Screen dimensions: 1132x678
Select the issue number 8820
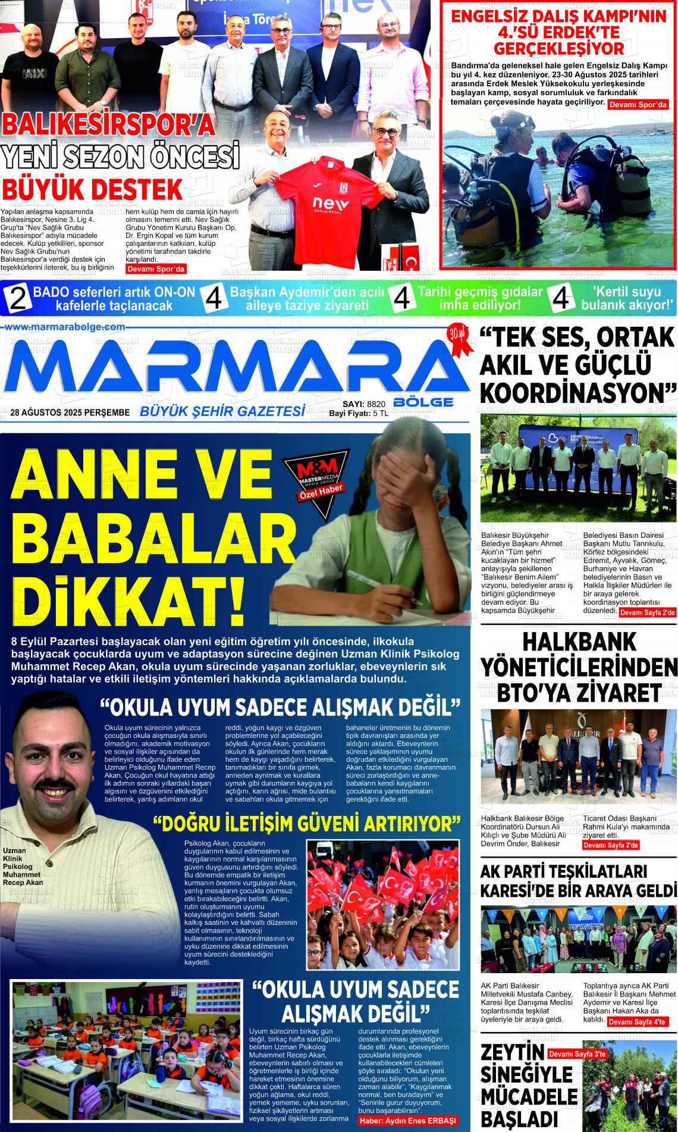tap(376, 404)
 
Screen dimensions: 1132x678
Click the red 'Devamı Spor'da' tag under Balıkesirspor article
tap(156, 269)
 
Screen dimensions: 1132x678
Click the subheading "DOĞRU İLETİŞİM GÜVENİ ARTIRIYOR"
tap(307, 825)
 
